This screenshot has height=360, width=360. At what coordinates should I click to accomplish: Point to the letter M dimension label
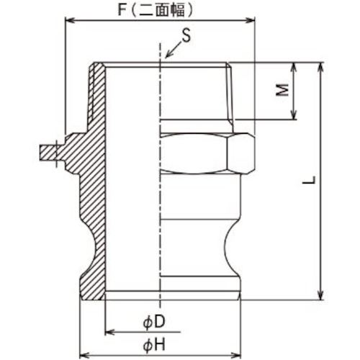[283, 90]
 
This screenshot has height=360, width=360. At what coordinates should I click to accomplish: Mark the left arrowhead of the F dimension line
[68, 22]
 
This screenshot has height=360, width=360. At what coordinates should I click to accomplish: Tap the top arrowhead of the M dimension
[294, 66]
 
